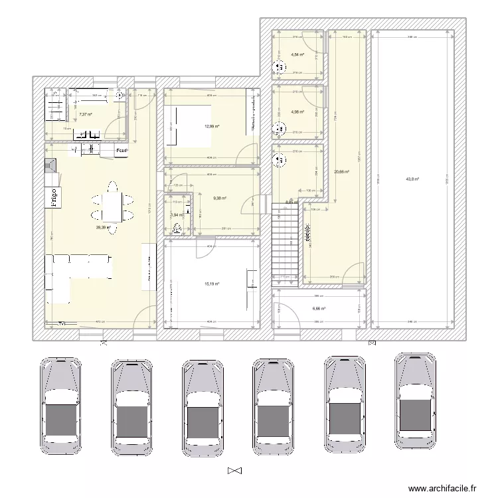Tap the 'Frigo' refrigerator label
51,197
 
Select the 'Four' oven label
121,151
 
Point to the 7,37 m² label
85,114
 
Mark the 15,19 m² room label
212,284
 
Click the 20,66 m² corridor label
341,171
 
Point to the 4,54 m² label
297,54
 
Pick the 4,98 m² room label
297,112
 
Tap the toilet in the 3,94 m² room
178,229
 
